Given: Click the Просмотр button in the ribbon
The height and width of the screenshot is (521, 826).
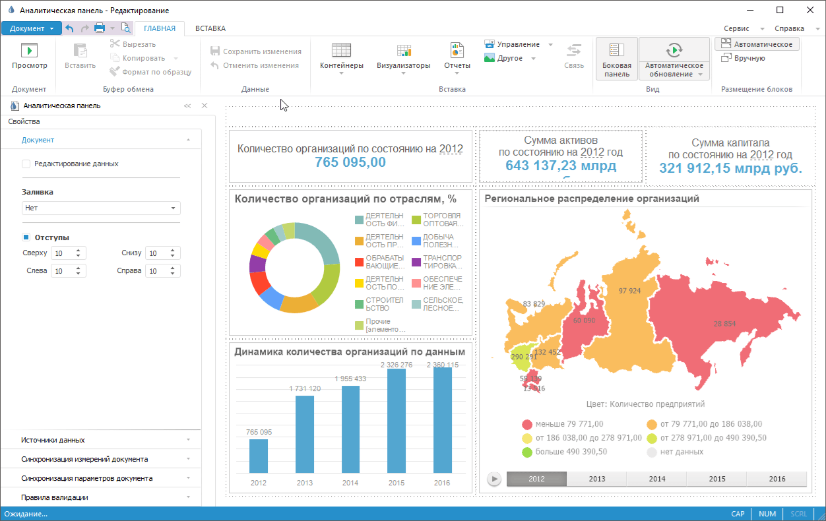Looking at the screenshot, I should (x=30, y=57).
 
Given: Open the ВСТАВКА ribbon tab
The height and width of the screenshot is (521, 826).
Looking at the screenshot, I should (x=210, y=28).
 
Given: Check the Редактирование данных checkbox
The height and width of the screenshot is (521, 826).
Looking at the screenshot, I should (x=26, y=164).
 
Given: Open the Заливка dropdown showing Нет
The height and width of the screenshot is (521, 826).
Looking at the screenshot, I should (x=101, y=208).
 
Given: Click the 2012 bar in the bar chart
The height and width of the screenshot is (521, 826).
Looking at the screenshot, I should (x=259, y=456).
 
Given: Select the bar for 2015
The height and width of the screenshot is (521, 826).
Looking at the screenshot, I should (x=396, y=420).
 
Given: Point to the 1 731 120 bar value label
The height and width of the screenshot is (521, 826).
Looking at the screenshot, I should (x=305, y=389).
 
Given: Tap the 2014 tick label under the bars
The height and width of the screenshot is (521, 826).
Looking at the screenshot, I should (x=350, y=483).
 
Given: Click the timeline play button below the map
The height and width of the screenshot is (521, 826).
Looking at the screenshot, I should (x=493, y=479).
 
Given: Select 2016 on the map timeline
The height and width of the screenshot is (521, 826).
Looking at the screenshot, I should (x=777, y=479).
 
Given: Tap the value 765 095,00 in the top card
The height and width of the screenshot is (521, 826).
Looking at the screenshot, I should (x=350, y=163).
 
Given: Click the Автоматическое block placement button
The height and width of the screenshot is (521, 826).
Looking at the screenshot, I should (x=757, y=44).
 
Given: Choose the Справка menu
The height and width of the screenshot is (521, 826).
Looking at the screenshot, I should (x=789, y=28).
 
